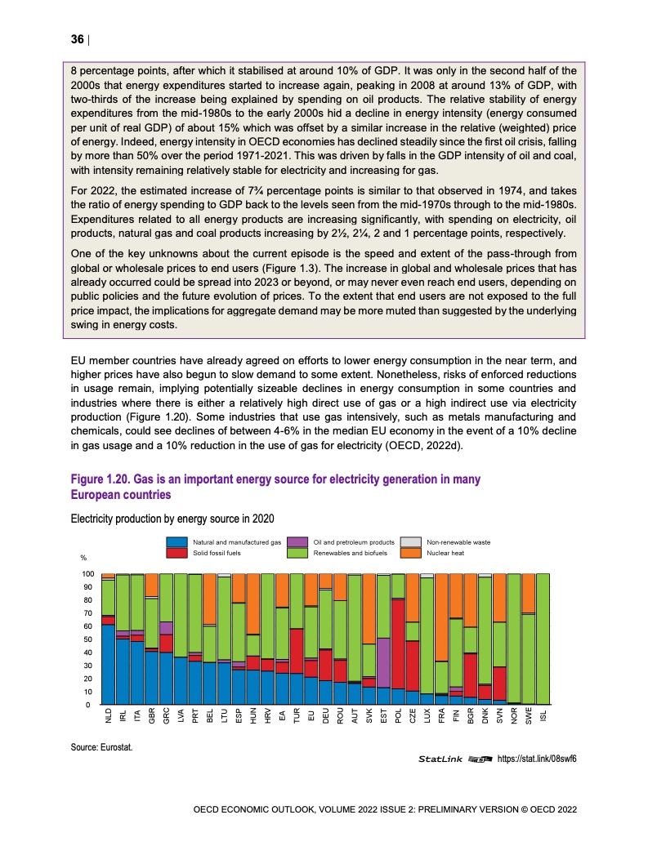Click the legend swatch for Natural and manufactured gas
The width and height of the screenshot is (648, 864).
(177, 542)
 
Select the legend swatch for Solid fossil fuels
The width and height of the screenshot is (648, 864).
(177, 553)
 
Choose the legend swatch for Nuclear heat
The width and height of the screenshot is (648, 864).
(413, 553)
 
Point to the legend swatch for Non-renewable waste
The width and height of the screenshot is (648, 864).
(413, 542)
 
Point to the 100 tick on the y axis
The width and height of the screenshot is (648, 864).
(85, 574)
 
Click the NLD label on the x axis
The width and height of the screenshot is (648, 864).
(108, 717)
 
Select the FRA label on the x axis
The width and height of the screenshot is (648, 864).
(442, 717)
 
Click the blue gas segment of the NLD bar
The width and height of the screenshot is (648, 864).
(108, 665)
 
